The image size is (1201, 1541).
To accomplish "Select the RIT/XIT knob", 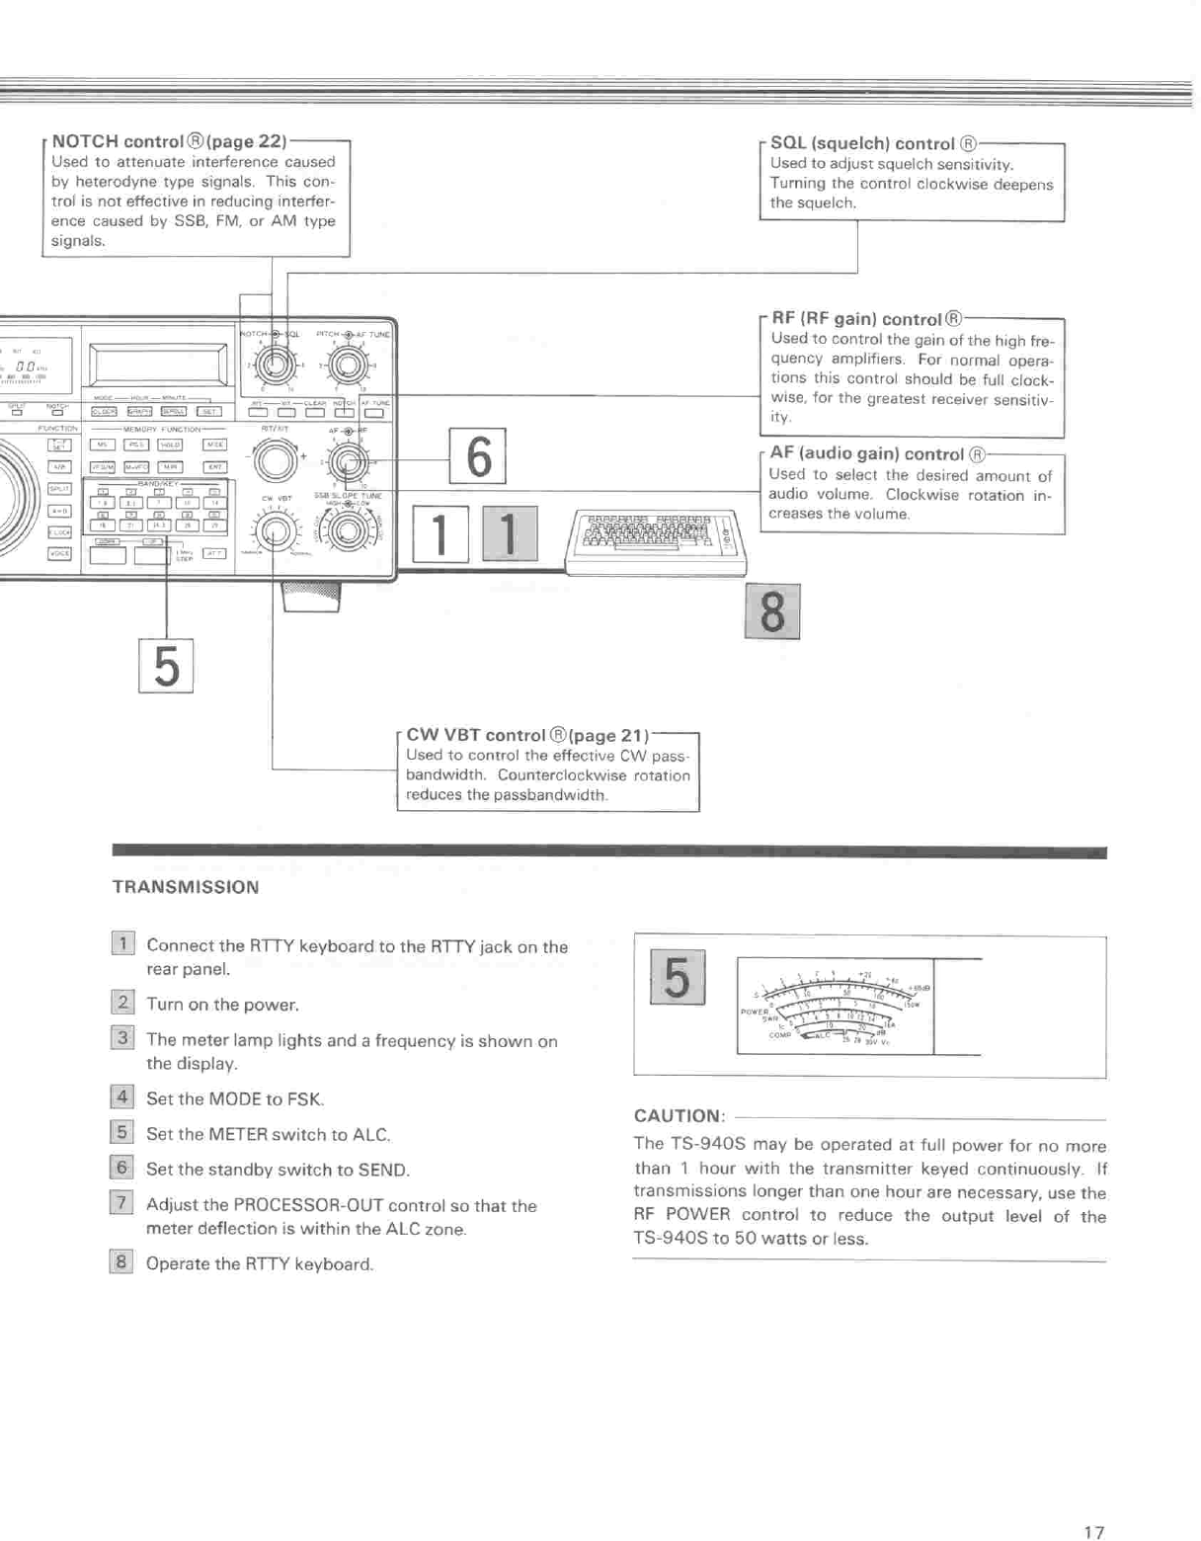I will click(276, 460).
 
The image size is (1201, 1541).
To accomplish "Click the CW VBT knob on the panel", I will click(277, 532).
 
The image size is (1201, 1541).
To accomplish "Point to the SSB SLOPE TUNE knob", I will click(349, 532).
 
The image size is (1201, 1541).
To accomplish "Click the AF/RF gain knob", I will click(348, 460).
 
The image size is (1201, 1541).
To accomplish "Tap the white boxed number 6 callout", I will click(478, 455).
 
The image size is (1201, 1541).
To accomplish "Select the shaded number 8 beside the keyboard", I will click(772, 611).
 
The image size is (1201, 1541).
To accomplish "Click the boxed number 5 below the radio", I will click(166, 666).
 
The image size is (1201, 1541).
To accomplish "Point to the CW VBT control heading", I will click(475, 735).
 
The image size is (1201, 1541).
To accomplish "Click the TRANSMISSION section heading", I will click(186, 887).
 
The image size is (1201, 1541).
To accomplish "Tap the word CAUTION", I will click(679, 1116).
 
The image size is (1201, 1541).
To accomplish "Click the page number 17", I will click(1093, 1504).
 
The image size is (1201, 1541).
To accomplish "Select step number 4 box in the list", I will click(121, 1096).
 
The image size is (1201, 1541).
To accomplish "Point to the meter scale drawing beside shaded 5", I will click(836, 1006).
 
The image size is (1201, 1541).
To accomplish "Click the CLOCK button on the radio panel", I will click(104, 412).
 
